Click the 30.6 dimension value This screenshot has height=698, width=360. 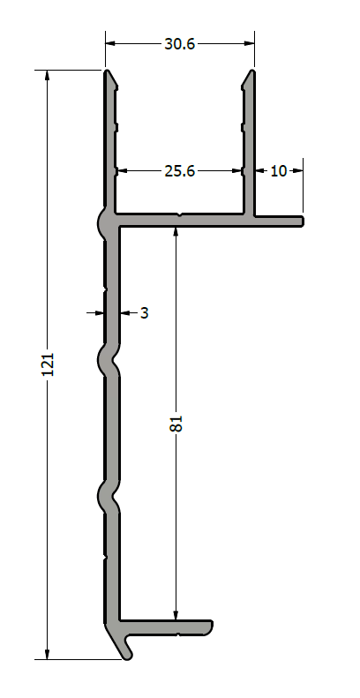[180, 44]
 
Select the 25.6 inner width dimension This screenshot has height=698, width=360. [180, 171]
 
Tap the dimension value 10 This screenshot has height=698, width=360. [279, 171]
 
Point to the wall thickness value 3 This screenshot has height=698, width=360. [144, 313]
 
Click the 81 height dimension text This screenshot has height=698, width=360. [176, 424]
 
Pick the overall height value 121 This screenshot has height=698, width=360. [48, 364]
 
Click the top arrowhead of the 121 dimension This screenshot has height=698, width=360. [48, 76]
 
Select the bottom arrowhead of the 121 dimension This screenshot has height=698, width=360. [48, 654]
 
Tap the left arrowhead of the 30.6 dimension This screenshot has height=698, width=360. [111, 43]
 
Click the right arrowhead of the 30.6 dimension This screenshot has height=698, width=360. [249, 43]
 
